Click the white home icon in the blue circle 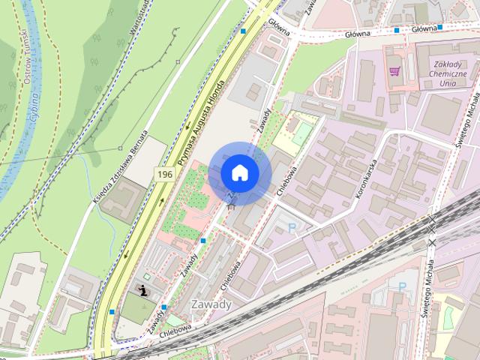point(240,172)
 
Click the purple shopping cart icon point(394,72)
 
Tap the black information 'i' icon point(143,290)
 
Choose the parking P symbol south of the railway point(402,286)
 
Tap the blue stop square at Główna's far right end point(440,28)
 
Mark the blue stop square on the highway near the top point(243,31)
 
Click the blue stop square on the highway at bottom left point(112,311)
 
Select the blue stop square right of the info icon point(163,307)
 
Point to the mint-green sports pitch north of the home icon point(301,133)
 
